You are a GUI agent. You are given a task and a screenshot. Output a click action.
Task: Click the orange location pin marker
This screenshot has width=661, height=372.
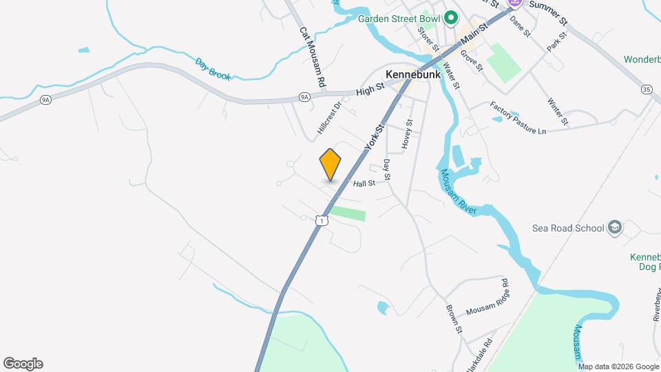click(330, 164)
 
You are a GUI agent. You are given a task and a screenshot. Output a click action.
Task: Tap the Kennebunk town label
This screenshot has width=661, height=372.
click(413, 74)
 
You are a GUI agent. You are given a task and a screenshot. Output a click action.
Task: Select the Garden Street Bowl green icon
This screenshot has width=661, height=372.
click(451, 18)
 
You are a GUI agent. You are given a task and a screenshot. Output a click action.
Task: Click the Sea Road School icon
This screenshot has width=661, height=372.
click(615, 228)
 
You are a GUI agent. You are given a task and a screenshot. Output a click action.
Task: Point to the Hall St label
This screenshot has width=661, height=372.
click(364, 184)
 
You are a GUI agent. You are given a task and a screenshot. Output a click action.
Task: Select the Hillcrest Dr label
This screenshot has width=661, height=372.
click(330, 118)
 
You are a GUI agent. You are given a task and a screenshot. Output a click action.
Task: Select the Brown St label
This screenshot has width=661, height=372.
click(453, 319)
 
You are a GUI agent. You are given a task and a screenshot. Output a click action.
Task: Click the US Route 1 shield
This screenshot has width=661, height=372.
click(321, 220)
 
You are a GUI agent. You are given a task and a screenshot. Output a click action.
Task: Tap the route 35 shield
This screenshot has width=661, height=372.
click(646, 90)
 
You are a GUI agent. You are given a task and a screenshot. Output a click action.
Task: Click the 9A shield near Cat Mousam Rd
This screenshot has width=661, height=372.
click(305, 98)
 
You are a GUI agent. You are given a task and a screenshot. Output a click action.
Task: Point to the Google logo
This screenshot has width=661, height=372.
click(23, 364)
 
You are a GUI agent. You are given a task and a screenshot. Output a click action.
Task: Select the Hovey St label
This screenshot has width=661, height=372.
click(408, 134)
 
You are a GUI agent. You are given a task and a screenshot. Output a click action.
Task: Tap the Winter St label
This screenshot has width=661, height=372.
click(558, 112)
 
